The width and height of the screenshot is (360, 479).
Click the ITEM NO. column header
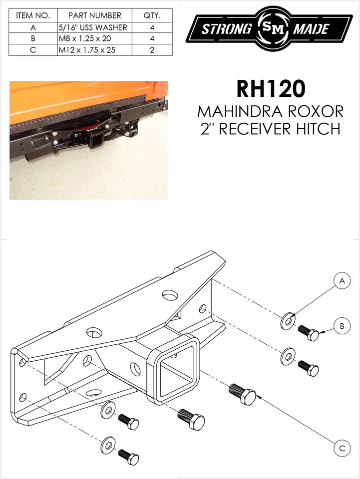pyautogui.click(x=33, y=15)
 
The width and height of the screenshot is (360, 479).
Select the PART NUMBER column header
pyautogui.click(x=94, y=15)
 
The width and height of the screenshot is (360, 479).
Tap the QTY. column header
pyautogui.click(x=152, y=15)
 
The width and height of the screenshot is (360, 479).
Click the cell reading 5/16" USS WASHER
pyautogui.click(x=94, y=27)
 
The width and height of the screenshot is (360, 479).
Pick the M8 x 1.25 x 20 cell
pyautogui.click(x=94, y=38)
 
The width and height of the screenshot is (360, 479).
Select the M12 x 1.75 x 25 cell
pyautogui.click(x=94, y=50)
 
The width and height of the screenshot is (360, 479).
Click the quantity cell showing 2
pyautogui.click(x=152, y=50)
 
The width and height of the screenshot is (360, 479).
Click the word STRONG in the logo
pyautogui.click(x=226, y=29)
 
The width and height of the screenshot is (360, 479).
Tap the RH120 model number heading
pyautogui.click(x=270, y=89)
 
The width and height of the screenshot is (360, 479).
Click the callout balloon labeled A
pyautogui.click(x=342, y=282)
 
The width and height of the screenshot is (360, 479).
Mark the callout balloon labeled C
pyautogui.click(x=342, y=449)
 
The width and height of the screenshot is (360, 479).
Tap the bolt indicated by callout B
pyautogui.click(x=309, y=332)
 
